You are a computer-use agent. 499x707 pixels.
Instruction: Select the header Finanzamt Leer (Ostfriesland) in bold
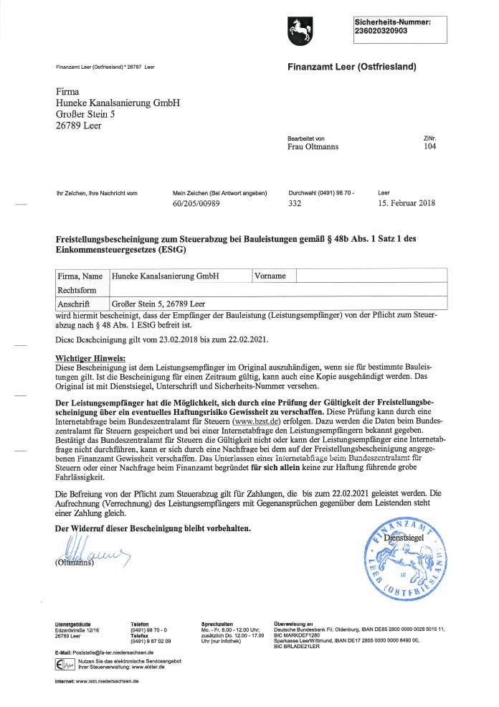pyautogui.click(x=352, y=67)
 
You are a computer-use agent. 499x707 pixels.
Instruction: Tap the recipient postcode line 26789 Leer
pyautogui.click(x=78, y=126)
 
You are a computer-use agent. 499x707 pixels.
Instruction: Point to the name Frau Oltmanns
pyautogui.click(x=313, y=146)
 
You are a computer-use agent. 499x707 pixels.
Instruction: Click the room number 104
pyautogui.click(x=429, y=146)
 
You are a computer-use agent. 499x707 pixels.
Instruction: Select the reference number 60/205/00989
pyautogui.click(x=196, y=203)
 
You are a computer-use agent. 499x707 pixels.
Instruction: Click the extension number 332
pyautogui.click(x=294, y=203)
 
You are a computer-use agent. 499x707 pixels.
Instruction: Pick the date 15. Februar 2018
pyautogui.click(x=406, y=203)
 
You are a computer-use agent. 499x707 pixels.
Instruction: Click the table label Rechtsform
pyautogui.click(x=76, y=290)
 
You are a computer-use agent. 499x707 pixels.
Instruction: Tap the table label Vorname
pyautogui.click(x=270, y=276)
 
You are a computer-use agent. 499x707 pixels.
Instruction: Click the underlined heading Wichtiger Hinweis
pyautogui.click(x=90, y=357)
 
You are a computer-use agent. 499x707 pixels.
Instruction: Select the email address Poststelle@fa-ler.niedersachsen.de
pyautogui.click(x=108, y=652)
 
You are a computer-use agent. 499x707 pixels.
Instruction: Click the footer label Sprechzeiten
pyautogui.click(x=217, y=624)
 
